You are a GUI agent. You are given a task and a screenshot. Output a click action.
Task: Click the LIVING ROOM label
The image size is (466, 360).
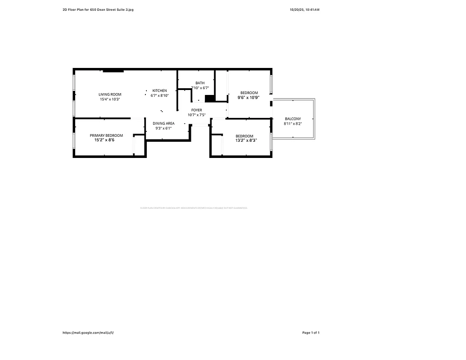[110, 94]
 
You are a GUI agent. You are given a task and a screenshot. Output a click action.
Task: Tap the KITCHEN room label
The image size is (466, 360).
[159, 90]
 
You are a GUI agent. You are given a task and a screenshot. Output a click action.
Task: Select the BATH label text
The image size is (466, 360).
[200, 83]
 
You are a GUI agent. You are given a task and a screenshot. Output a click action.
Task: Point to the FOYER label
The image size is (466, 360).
[197, 110]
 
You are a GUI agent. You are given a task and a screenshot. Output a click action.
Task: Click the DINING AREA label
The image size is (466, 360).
[163, 123]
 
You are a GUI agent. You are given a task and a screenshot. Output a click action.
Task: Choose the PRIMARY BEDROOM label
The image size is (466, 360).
[106, 135]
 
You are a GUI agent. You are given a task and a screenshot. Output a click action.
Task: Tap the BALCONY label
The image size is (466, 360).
[293, 119]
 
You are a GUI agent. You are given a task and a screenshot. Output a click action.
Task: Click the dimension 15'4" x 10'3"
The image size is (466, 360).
[110, 99]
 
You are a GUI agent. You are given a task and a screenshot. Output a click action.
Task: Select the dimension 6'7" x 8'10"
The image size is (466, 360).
[159, 95]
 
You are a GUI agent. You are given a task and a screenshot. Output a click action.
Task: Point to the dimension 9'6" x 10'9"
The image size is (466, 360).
[249, 97]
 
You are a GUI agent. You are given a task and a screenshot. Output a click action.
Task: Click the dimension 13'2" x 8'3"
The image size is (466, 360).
[246, 140]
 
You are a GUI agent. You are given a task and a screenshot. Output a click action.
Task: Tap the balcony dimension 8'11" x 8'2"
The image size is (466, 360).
[293, 124]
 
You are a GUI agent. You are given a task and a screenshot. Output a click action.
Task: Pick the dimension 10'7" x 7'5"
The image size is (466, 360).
[197, 115]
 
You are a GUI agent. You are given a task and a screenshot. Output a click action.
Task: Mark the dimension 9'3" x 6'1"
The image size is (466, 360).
[163, 128]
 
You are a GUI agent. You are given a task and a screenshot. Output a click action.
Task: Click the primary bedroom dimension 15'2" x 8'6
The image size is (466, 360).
[104, 140]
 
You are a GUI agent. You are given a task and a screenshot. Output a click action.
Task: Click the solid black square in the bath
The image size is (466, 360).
[209, 99]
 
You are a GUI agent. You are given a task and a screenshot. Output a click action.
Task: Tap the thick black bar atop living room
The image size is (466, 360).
[113, 71]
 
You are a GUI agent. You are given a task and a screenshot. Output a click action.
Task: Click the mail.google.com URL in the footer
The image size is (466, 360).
[88, 333]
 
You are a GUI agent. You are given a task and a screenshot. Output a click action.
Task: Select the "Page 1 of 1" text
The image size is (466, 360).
[311, 333]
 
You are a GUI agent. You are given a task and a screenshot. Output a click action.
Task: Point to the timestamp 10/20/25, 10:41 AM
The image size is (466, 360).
[305, 9]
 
